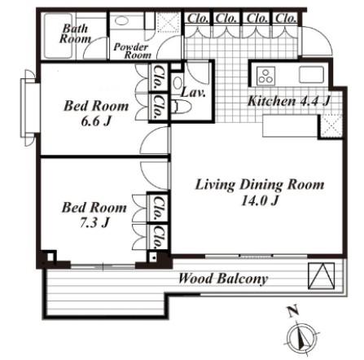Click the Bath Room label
75,33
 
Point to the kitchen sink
311,75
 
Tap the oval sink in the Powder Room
121,21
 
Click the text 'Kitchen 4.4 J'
289,101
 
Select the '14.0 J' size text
260,201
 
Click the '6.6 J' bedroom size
96,121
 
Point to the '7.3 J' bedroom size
94,223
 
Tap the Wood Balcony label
223,279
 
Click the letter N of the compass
292,311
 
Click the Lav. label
193,93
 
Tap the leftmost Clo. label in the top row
198,19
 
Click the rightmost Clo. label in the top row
286,19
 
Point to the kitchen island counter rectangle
290,126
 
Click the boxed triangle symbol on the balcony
322,275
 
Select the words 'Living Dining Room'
260,185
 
